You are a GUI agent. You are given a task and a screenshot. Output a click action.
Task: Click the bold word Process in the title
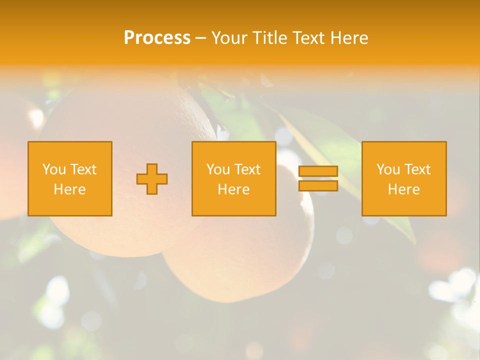[x=157, y=38]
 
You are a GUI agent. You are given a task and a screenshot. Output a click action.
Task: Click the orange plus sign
[x=152, y=179]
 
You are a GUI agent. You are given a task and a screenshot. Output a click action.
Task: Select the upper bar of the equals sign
[x=318, y=171]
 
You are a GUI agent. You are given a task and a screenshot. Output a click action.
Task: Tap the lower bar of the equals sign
[x=318, y=185]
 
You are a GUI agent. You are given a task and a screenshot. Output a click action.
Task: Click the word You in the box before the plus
[x=54, y=169]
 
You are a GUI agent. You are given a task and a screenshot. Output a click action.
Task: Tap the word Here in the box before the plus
[x=70, y=189]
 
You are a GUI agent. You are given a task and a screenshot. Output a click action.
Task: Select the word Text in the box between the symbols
[x=248, y=169]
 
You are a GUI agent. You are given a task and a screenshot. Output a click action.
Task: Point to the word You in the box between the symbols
[x=218, y=169]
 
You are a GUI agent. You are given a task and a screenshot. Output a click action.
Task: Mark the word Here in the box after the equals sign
[x=404, y=189]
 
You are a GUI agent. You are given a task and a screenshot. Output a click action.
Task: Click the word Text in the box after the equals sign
[x=418, y=169]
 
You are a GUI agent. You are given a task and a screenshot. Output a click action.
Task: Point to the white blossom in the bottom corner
[x=457, y=290]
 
